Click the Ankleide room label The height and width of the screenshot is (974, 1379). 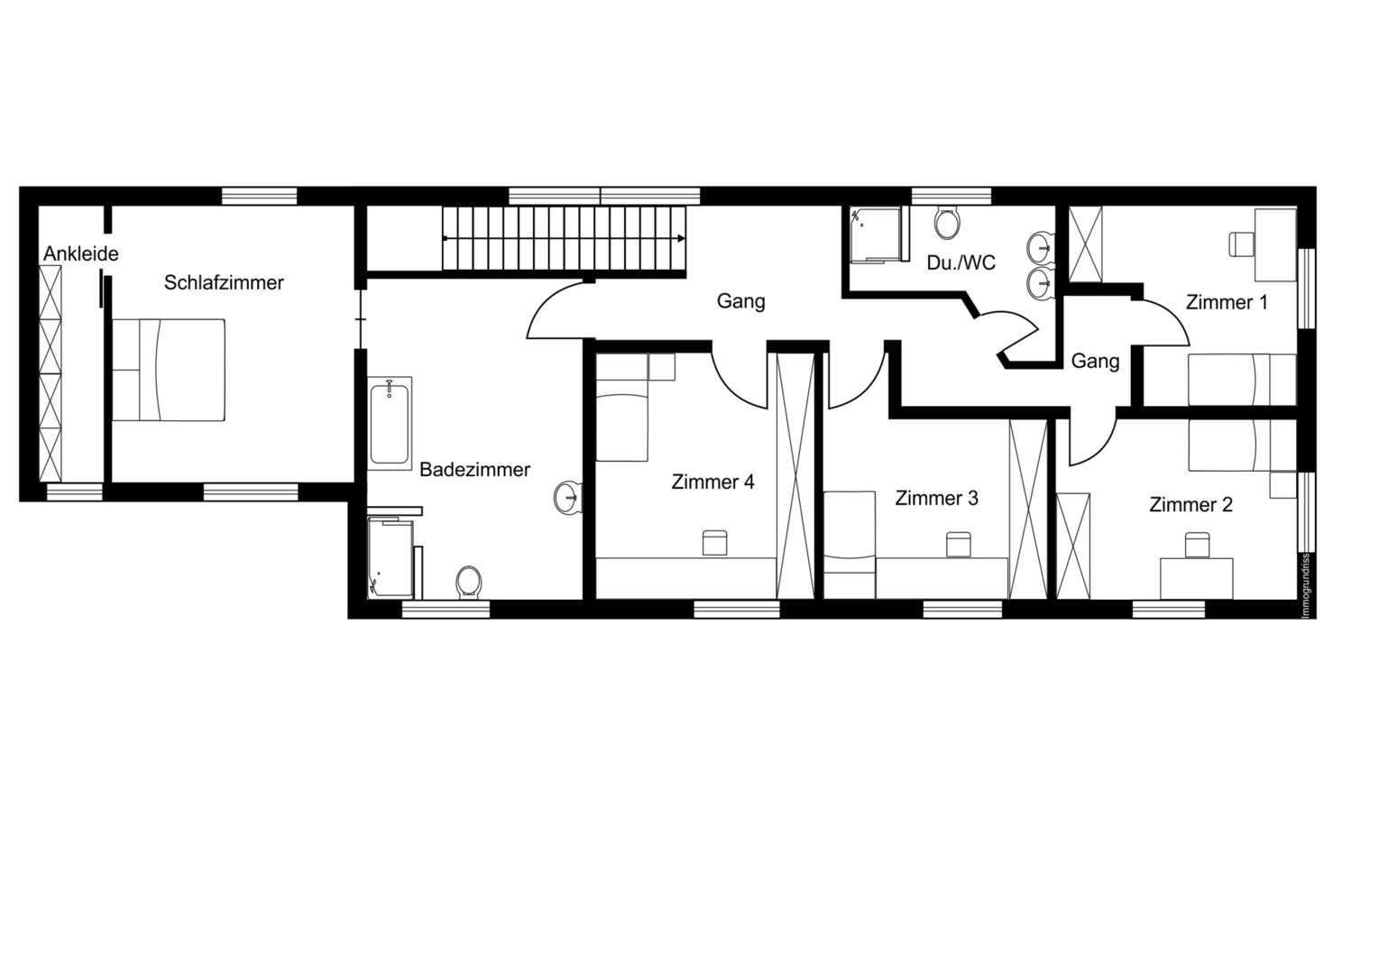(x=80, y=253)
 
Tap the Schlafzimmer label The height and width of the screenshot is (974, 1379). (x=224, y=282)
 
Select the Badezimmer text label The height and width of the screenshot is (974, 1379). (x=474, y=470)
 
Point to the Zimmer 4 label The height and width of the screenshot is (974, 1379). (x=712, y=482)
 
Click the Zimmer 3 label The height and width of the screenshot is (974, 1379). (x=936, y=498)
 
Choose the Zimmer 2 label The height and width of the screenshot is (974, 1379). (x=1191, y=505)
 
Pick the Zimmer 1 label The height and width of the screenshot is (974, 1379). (x=1227, y=302)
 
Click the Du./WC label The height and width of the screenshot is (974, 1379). (x=961, y=263)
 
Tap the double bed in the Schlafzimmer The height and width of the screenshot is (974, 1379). (x=168, y=370)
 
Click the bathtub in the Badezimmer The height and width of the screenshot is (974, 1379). (x=389, y=424)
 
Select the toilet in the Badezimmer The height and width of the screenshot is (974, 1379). (x=468, y=582)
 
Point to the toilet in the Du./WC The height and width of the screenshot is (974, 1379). (x=946, y=223)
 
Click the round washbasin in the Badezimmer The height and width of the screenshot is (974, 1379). (x=567, y=497)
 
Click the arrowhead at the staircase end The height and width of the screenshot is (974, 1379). (x=682, y=238)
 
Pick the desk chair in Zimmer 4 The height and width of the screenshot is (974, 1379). (x=714, y=543)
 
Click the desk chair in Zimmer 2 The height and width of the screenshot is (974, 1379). (x=1197, y=546)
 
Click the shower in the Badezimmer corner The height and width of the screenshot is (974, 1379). (x=391, y=558)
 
